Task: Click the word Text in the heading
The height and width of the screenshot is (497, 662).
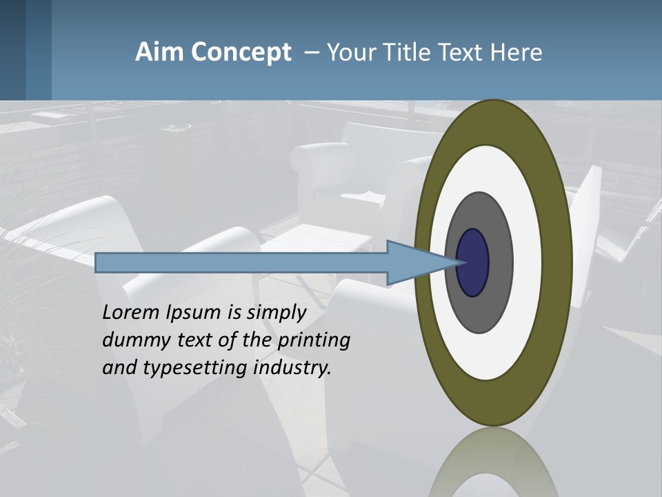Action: pos(459,52)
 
